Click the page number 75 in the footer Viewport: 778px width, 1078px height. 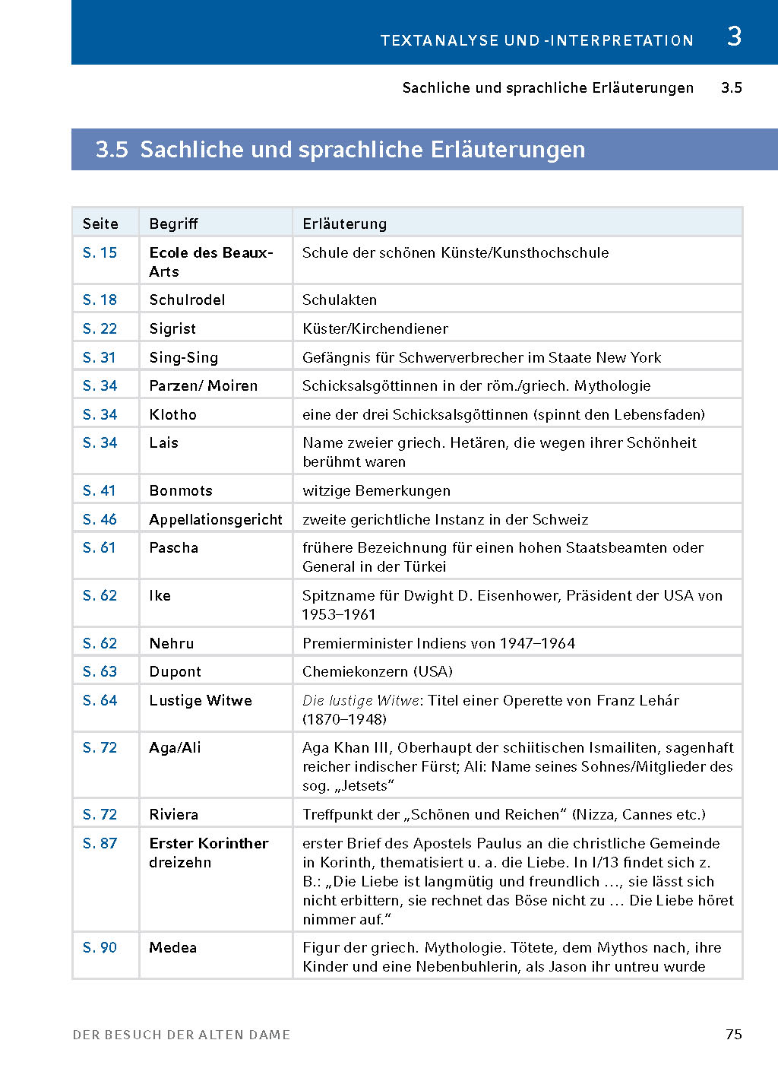[x=733, y=1034]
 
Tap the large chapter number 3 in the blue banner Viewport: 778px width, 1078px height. [x=734, y=36]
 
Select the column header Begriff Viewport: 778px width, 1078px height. [x=173, y=224]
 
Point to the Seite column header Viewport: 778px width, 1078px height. [x=100, y=224]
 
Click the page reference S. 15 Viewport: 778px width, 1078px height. [x=100, y=252]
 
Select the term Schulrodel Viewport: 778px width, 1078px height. [x=187, y=300]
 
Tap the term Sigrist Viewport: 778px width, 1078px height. [x=172, y=328]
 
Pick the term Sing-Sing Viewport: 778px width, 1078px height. [x=183, y=357]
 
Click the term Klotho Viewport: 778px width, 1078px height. [x=172, y=414]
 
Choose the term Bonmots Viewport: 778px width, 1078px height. [x=181, y=490]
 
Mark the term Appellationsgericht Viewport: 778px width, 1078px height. [x=216, y=519]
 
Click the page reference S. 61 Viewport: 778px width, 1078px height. [x=100, y=547]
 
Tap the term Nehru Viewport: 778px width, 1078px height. [x=172, y=643]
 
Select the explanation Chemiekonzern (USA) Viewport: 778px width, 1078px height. [x=378, y=671]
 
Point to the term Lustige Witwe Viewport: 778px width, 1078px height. [x=201, y=700]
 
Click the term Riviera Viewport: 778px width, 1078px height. [x=173, y=814]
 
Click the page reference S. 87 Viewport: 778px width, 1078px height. [x=100, y=843]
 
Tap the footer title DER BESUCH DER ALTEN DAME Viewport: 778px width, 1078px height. [x=182, y=1035]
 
